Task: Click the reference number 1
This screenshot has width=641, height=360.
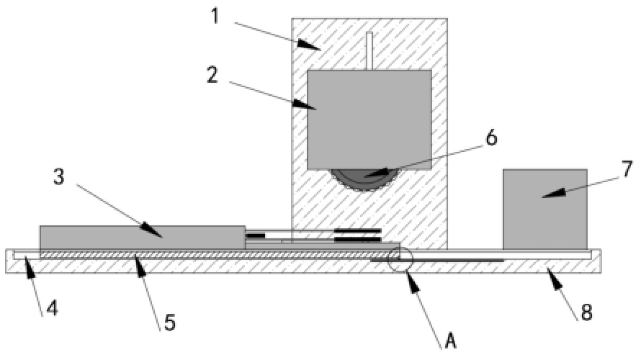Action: click(215, 17)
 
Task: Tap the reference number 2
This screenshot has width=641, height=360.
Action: click(212, 76)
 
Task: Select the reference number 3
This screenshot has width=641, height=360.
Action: click(59, 177)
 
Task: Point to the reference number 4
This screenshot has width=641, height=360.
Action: click(52, 308)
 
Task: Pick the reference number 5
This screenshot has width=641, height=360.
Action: click(170, 323)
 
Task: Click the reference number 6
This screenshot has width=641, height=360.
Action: click(491, 138)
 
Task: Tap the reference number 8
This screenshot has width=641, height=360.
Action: click(586, 313)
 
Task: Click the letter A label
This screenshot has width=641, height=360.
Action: click(450, 341)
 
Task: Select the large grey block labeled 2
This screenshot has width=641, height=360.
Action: click(369, 120)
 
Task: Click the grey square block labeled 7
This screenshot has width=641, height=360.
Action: click(545, 210)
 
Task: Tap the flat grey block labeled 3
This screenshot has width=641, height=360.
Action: click(143, 238)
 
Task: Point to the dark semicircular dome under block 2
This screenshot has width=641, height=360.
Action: click(364, 181)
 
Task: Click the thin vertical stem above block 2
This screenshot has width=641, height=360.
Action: click(369, 51)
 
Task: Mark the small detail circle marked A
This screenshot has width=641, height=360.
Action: click(400, 259)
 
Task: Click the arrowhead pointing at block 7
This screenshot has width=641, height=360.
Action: click(552, 194)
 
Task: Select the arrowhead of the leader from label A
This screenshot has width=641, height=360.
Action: click(413, 282)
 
